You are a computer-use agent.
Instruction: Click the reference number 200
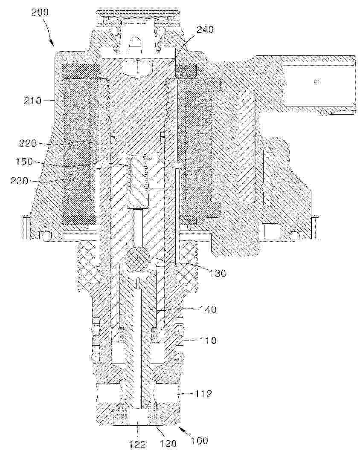click(40, 12)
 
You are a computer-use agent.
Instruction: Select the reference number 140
click(207, 310)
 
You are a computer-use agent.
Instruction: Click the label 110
click(207, 341)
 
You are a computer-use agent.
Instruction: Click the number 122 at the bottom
click(137, 445)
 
